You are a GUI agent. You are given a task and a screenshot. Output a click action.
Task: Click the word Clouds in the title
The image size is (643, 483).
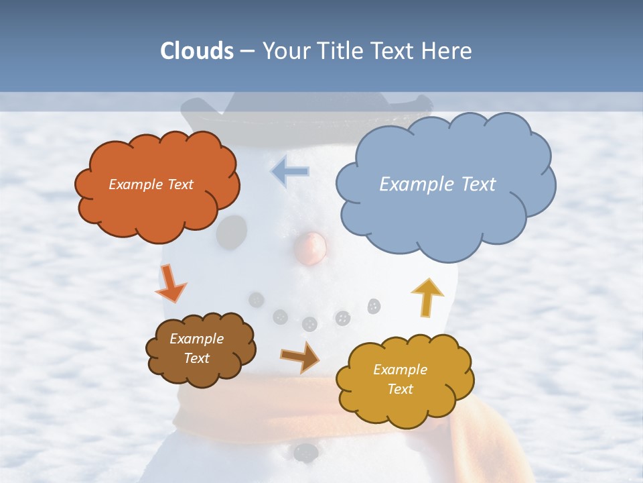pos(197,51)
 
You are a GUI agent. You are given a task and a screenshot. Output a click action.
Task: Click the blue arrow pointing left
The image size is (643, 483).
pos(291,172)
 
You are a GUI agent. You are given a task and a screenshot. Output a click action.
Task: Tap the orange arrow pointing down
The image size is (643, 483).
pos(170,283)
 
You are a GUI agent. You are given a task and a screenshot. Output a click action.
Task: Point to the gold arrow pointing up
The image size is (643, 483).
pos(427,297)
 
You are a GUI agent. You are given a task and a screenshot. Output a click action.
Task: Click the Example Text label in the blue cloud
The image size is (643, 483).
pos(437,184)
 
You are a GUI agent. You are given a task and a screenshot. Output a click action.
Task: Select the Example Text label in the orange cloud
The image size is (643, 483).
pos(151,184)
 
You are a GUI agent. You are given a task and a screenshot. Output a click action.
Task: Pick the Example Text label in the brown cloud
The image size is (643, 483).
pos(196,348)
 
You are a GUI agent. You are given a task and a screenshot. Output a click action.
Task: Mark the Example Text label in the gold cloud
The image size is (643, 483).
pos(400,379)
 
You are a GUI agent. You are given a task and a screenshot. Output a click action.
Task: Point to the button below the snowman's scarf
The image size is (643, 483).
pos(305,452)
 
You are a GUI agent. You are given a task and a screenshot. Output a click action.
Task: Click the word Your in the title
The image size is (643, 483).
pos(286,51)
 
